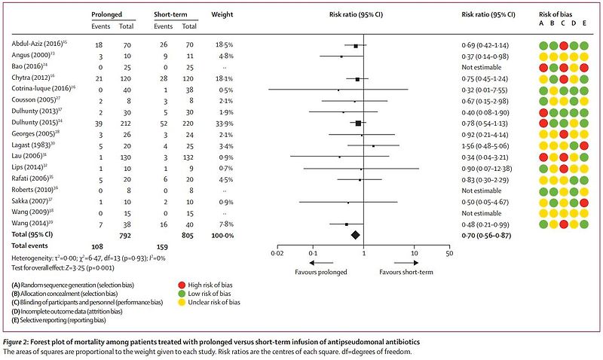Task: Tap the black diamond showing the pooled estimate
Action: (x=354, y=235)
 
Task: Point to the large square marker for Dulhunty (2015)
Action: (x=358, y=123)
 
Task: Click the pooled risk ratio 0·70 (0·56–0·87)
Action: (x=491, y=235)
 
